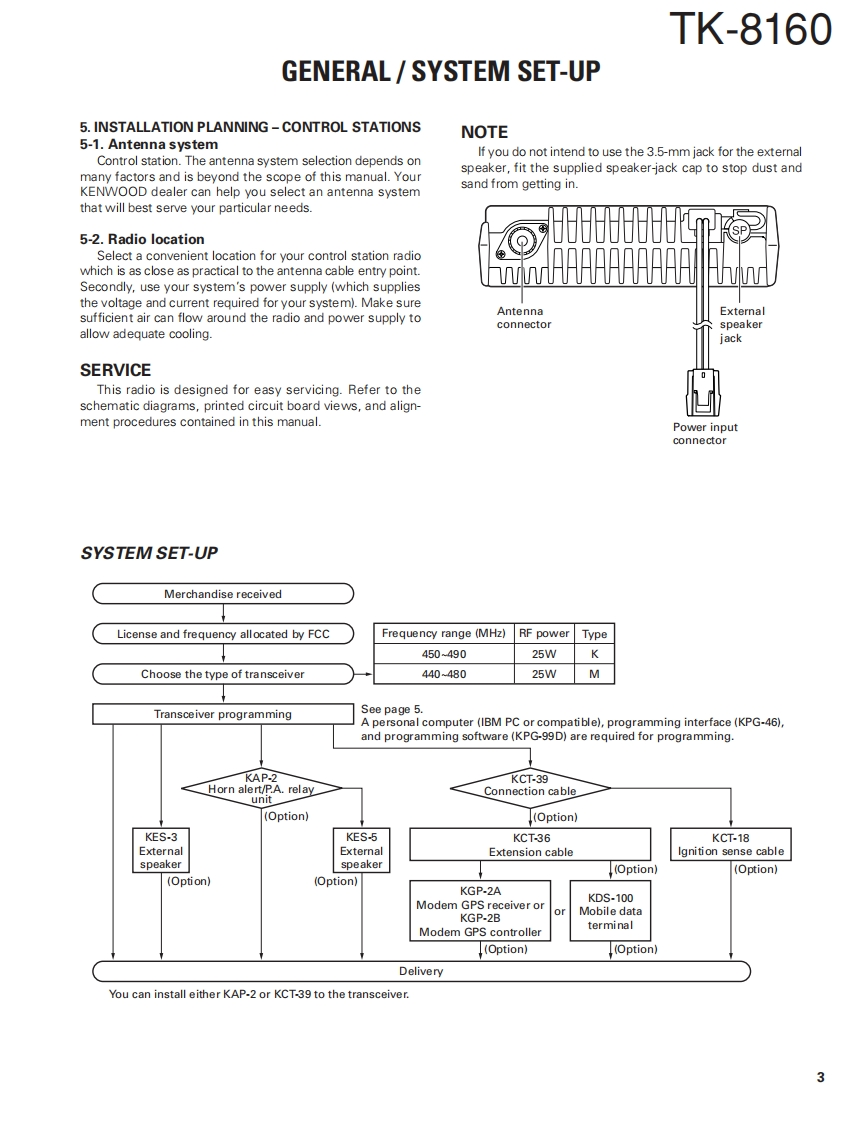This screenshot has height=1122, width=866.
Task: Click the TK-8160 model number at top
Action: (749, 29)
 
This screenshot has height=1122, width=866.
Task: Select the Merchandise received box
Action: (223, 594)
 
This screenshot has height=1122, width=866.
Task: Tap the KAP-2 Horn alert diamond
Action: (261, 789)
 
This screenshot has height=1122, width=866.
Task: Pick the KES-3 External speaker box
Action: (161, 851)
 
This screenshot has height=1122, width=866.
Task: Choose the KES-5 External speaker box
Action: (361, 851)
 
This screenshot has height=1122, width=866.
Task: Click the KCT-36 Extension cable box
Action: (530, 845)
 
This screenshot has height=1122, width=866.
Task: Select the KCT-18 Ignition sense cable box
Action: (730, 845)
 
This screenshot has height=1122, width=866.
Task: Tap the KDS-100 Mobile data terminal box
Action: (610, 911)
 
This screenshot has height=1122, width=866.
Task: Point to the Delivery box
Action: (421, 971)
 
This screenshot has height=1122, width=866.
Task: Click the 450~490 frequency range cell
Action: (444, 654)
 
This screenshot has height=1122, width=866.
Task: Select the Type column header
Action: (595, 634)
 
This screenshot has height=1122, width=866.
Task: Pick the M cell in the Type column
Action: (595, 674)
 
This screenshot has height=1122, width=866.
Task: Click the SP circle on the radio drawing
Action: (739, 231)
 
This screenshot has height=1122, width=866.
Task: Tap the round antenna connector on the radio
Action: (521, 241)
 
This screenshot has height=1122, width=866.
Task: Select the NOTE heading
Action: (484, 132)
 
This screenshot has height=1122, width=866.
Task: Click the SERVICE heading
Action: (115, 370)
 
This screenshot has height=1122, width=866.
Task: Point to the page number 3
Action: (820, 1077)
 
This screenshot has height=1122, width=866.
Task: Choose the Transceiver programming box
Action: (222, 714)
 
